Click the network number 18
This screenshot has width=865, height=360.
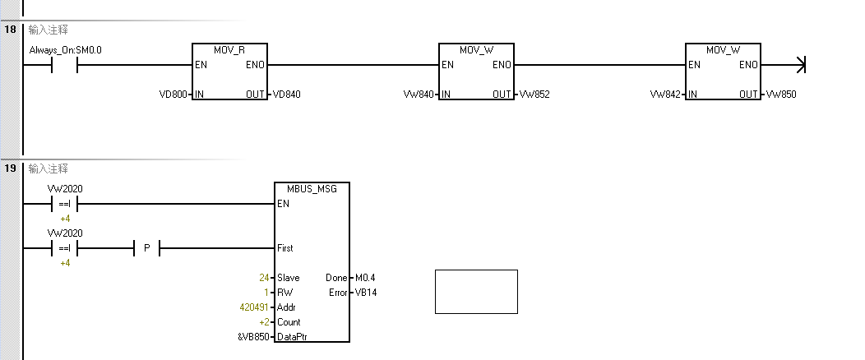coord(10,30)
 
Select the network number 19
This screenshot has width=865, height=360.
coord(10,168)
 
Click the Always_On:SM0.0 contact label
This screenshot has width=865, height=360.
coord(65,50)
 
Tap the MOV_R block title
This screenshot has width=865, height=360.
coord(230,50)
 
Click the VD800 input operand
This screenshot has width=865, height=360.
coord(173,95)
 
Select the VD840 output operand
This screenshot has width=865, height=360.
coord(286,95)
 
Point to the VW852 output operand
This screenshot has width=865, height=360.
coord(534,95)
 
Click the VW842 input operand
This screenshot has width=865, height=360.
coord(665,95)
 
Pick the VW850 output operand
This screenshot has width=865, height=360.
coord(780,95)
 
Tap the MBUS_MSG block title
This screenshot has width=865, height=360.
coord(312,189)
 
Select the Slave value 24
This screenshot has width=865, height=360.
coord(264,278)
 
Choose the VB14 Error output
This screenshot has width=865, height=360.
coord(367,293)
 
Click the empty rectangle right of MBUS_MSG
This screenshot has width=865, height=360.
coord(476,291)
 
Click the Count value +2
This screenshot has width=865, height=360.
coord(264,322)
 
